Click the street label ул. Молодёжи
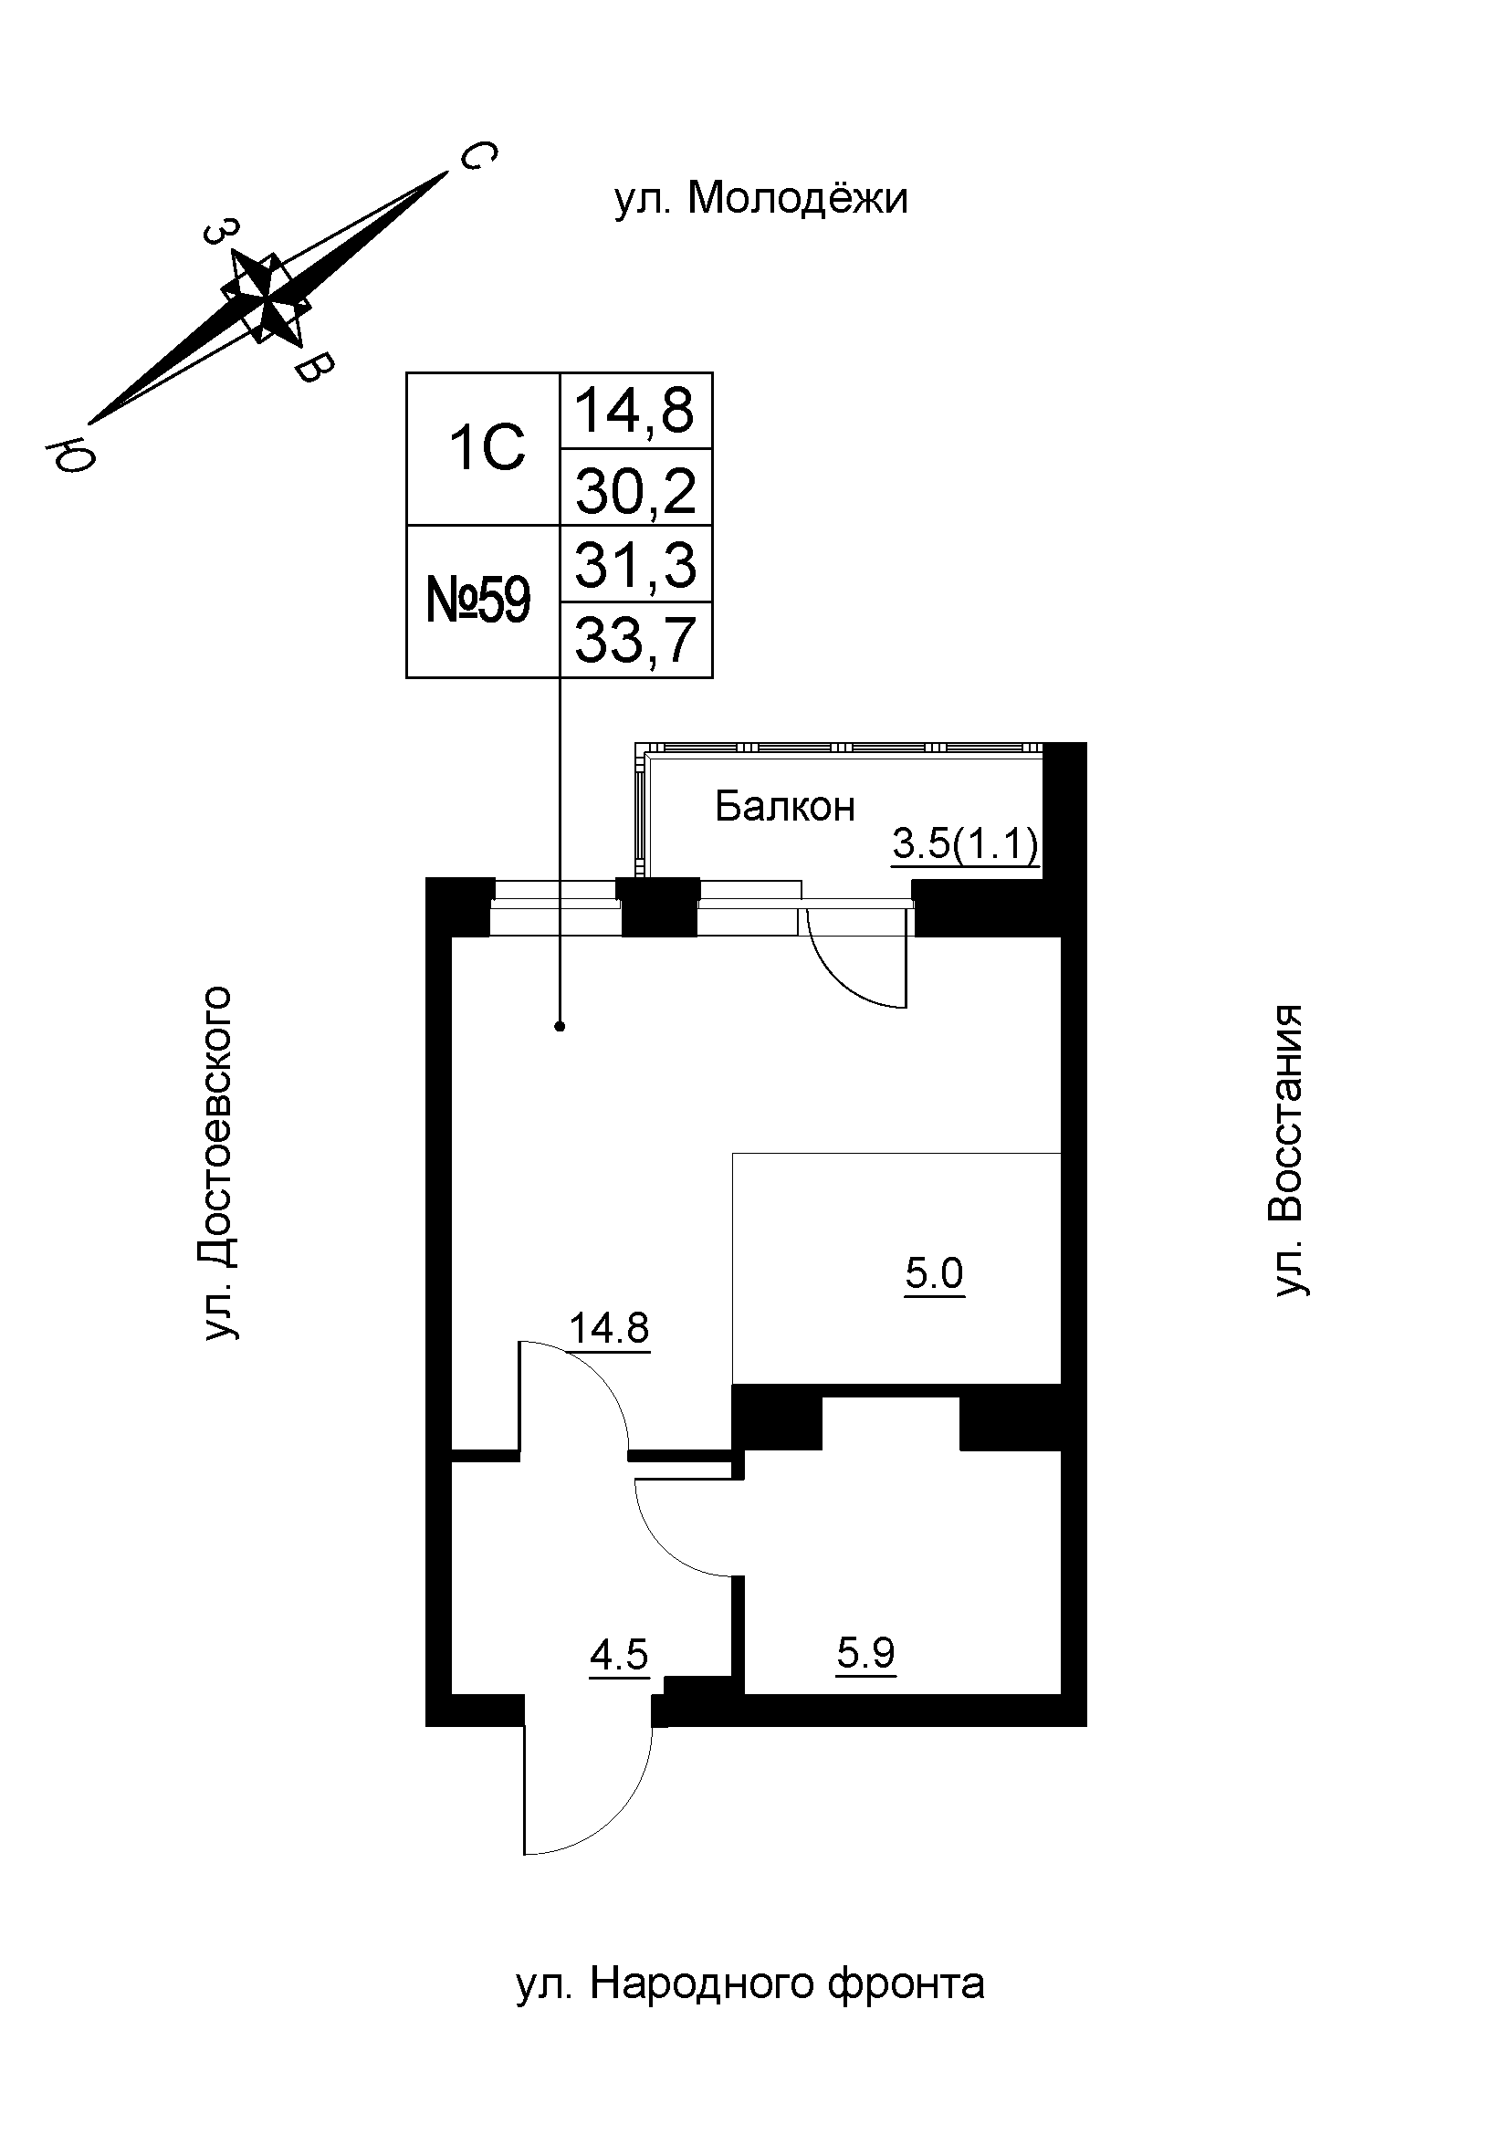760,199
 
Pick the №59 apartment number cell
479,601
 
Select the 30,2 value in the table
636,491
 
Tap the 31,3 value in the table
636,565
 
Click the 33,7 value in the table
636,641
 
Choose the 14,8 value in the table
636,410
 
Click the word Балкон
784,807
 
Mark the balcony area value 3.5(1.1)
964,845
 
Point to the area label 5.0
935,1273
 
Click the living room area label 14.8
609,1328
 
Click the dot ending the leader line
560,1027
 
